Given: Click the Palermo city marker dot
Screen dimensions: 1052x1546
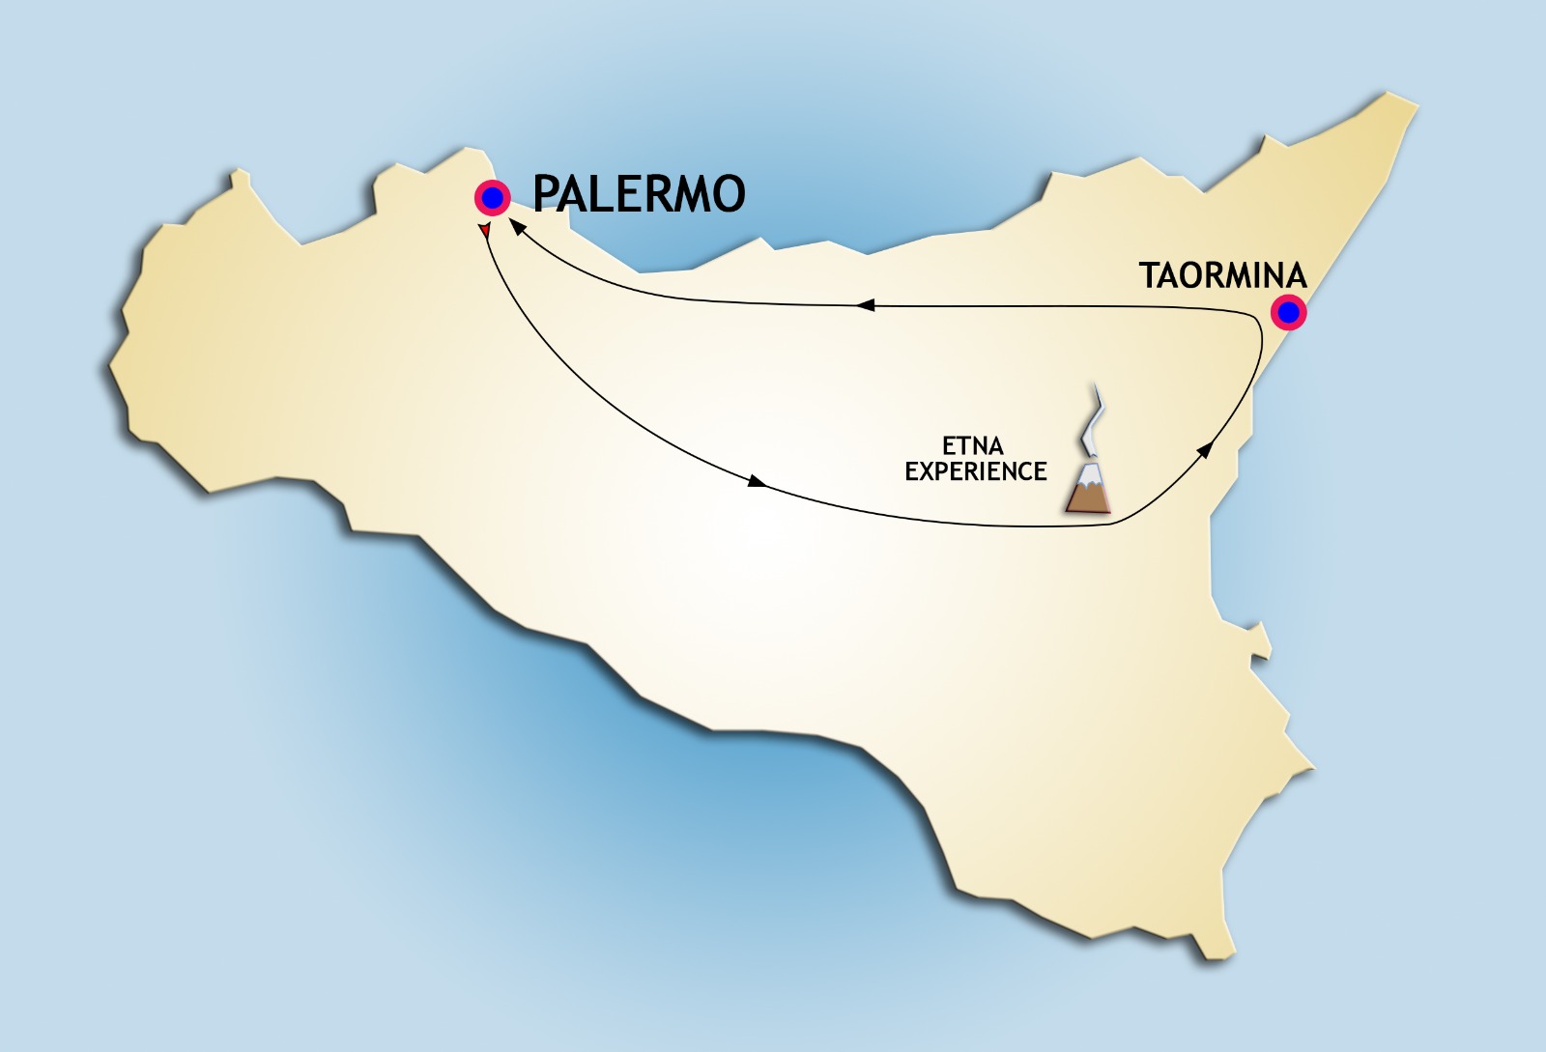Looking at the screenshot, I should coord(492,198).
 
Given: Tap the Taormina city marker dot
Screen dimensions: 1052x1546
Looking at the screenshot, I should coord(1287,312).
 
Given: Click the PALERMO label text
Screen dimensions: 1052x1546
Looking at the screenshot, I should coord(639,194).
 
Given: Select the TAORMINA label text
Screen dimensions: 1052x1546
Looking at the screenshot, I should coord(1222,275).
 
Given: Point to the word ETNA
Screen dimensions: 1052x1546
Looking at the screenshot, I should coord(973,446).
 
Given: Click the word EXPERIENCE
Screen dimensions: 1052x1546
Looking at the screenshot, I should coord(976,471).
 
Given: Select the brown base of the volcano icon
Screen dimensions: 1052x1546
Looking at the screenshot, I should coord(1088,498).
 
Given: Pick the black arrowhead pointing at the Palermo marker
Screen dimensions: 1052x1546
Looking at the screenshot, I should coord(515,228).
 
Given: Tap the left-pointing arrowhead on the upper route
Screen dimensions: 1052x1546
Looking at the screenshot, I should coord(866,305).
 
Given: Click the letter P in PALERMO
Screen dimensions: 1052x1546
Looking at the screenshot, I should coord(546,194).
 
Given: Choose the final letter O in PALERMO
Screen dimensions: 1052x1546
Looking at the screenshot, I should coord(729,194).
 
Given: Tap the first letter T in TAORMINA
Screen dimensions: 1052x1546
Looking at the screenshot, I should coord(1149,275).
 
